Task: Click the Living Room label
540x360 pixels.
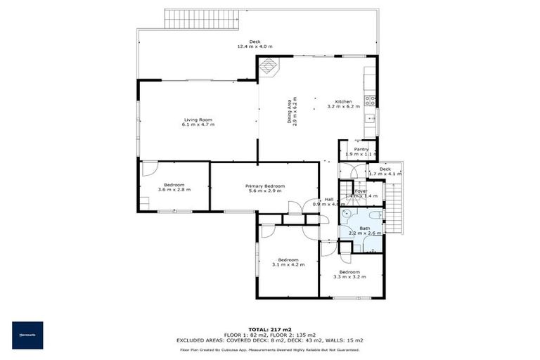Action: (198, 120)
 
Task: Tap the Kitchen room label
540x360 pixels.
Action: (344, 101)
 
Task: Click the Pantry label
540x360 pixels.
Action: (361, 149)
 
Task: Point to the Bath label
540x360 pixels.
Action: (364, 228)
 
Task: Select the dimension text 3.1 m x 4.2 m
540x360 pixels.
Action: (288, 264)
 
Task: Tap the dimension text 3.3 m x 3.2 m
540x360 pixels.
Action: (349, 277)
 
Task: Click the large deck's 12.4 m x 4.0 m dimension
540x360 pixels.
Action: (255, 46)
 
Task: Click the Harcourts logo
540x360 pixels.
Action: (27, 335)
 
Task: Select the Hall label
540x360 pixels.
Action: (328, 199)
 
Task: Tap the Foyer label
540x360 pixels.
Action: (361, 191)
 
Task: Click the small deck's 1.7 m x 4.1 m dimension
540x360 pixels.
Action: (390, 174)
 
